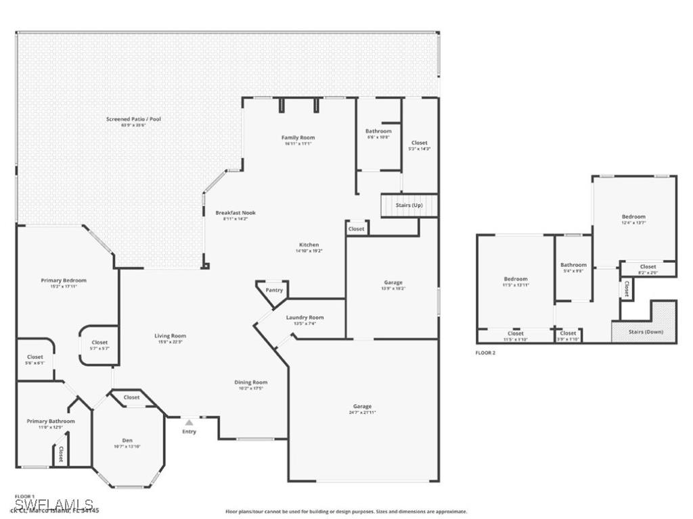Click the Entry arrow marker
[x=189, y=422]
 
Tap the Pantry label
[x=274, y=290]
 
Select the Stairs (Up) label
[x=409, y=204]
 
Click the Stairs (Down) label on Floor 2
[x=646, y=332]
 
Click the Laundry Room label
[x=305, y=317]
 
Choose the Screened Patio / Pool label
[x=133, y=119]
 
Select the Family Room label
[x=298, y=137]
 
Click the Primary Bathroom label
[x=51, y=421]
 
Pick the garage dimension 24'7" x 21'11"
[x=362, y=412]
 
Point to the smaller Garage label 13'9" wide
[x=393, y=282]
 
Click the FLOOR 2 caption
[x=486, y=353]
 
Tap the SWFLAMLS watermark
[x=54, y=505]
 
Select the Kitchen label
[x=309, y=245]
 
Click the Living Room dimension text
[x=170, y=341]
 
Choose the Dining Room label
[x=251, y=382]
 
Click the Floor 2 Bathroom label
[x=573, y=265]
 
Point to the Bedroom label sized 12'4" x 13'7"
[x=633, y=216]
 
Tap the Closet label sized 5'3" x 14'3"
[x=420, y=143]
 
